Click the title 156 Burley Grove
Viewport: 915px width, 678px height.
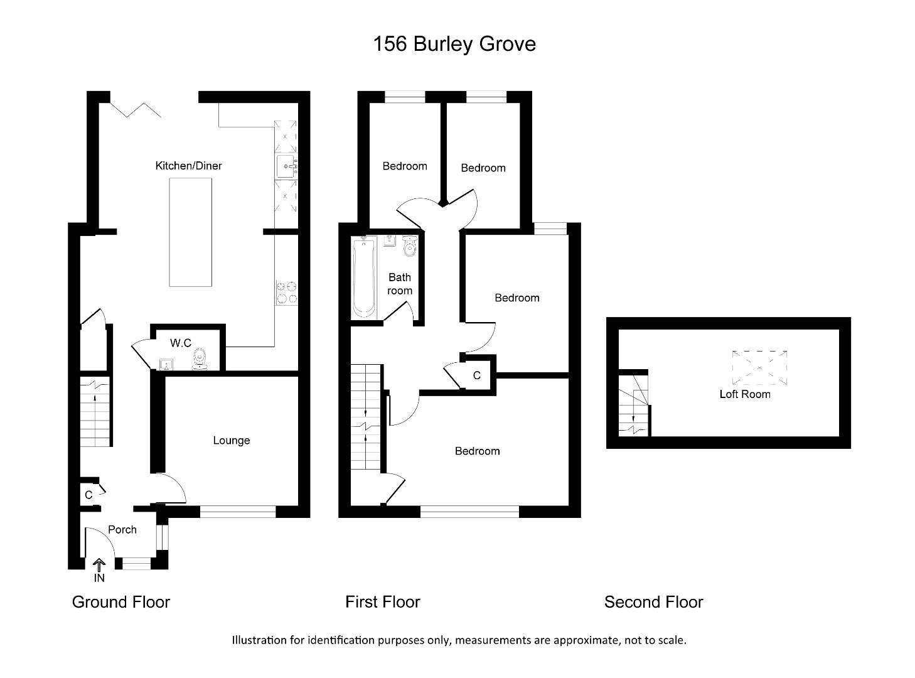coord(454,44)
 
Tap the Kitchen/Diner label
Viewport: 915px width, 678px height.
coord(188,166)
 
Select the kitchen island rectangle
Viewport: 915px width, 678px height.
coord(190,232)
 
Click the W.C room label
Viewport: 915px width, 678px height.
coord(181,343)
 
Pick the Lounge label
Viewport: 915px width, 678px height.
coord(231,441)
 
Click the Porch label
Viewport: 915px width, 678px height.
coord(122,529)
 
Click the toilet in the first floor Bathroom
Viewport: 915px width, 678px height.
coord(410,245)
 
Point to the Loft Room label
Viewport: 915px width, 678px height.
coord(745,394)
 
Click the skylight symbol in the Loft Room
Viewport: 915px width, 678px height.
coord(759,367)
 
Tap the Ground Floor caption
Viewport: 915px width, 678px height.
coord(121,602)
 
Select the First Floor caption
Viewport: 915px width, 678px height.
coord(382,602)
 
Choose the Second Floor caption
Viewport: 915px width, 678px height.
coord(653,602)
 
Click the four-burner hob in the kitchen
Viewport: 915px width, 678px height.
coord(287,293)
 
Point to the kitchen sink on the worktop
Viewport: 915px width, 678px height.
coord(287,166)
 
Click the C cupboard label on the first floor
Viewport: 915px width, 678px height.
coord(477,375)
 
